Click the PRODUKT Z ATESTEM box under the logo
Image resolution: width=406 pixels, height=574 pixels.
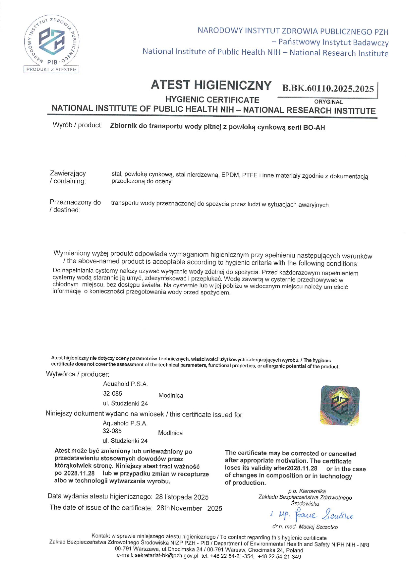click(51, 69)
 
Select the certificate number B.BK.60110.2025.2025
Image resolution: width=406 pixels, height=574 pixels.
click(328, 89)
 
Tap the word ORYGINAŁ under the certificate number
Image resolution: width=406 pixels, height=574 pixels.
click(328, 102)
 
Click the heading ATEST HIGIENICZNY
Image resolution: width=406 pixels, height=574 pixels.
click(211, 85)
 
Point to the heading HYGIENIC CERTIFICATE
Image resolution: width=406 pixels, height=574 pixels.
click(212, 99)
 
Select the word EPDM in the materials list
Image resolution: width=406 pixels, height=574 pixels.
click(230, 175)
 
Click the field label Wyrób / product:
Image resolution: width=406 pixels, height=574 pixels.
click(77, 125)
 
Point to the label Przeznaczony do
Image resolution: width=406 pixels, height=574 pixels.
click(75, 202)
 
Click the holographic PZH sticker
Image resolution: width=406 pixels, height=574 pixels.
click(340, 405)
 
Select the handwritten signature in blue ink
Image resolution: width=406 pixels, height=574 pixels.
click(311, 515)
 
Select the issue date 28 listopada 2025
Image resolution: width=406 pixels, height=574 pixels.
click(182, 497)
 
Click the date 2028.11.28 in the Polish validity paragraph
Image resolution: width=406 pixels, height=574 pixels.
click(79, 473)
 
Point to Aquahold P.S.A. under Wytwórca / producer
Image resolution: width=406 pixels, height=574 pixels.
click(125, 384)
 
